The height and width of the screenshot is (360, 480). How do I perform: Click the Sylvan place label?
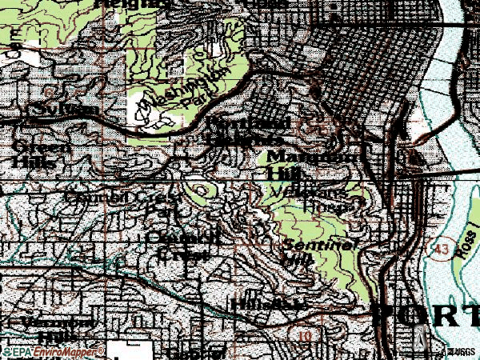tap(54, 109)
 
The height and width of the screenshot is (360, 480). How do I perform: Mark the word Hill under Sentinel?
tap(298, 259)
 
